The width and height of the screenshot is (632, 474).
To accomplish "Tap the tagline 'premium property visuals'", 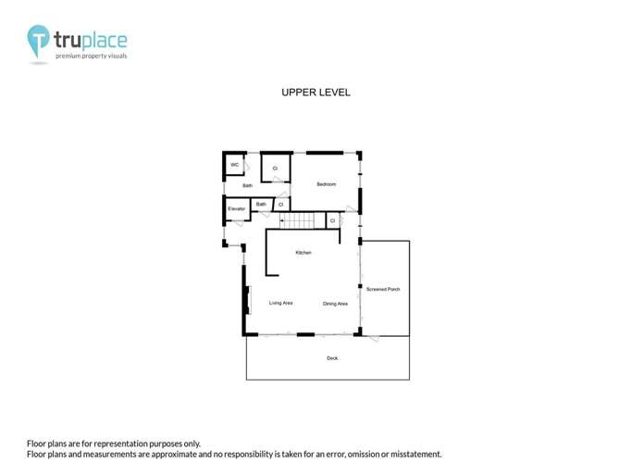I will (x=91, y=56).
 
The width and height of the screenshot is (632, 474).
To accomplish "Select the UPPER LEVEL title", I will (x=316, y=93).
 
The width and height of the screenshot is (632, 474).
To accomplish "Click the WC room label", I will (x=235, y=165).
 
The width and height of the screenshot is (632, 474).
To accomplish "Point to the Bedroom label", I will (x=326, y=184).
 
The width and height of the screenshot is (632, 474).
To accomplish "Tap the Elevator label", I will (x=236, y=209).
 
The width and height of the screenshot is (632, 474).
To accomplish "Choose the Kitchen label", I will (x=304, y=253).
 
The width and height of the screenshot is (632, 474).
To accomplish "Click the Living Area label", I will (x=281, y=303).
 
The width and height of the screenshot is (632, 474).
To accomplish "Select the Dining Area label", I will (x=335, y=304).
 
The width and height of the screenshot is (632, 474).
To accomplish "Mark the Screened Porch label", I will (x=383, y=289).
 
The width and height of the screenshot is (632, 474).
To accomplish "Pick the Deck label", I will (x=332, y=357).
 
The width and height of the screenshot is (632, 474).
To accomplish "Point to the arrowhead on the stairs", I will (x=281, y=221).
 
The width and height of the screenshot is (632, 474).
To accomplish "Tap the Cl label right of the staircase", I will (x=332, y=221).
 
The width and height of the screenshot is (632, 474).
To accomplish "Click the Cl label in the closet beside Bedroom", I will (x=275, y=168).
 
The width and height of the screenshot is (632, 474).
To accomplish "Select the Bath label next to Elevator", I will (x=261, y=204).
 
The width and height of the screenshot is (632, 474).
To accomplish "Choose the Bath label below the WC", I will (x=248, y=186).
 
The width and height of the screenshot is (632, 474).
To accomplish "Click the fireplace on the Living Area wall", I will (x=246, y=300).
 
